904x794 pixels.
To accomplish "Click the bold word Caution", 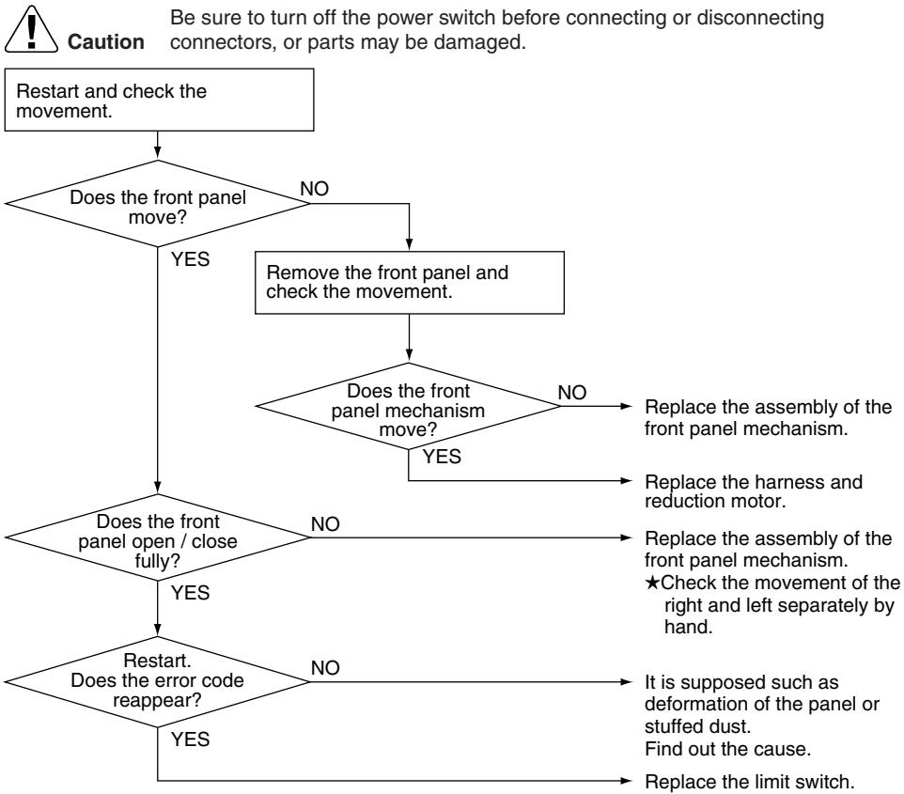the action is (106, 42).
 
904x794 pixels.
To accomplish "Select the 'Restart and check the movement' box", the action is (159, 100).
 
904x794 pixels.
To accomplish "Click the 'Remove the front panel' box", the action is (410, 283).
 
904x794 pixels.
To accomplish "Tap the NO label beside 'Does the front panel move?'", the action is (314, 189).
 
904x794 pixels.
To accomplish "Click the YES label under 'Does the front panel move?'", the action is (190, 259).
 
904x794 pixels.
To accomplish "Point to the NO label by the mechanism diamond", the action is (572, 393).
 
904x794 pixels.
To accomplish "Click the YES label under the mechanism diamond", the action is (442, 457).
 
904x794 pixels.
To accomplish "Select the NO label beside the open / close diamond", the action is (325, 524).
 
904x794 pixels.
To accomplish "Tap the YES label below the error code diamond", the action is (190, 740).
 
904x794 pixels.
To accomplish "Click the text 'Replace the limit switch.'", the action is (750, 782).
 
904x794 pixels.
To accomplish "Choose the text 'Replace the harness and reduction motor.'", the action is (754, 491).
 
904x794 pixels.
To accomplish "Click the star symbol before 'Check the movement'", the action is (652, 583).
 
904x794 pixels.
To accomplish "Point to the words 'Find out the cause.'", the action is (727, 749).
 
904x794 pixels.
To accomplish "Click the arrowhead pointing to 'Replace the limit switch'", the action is (626, 781).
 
